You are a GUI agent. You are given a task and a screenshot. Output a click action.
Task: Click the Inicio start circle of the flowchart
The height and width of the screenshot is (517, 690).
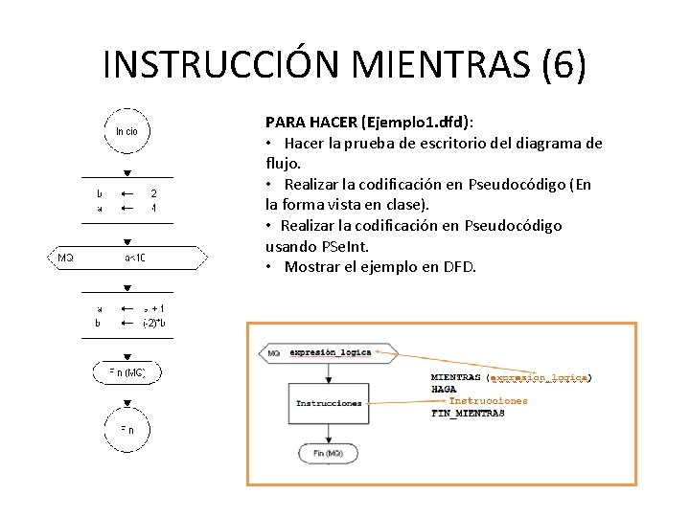coord(126,130)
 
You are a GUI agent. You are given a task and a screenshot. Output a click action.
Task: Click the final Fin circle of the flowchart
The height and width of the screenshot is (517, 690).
coord(126,431)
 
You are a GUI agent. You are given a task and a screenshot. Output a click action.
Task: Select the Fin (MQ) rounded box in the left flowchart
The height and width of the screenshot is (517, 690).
coord(126,372)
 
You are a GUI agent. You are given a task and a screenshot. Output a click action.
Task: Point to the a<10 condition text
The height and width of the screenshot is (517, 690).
coord(135,258)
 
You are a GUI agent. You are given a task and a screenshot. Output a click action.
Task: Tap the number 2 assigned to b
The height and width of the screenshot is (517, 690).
coord(153,193)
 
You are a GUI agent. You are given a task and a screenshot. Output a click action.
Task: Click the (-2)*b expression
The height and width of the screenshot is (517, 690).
coord(153,323)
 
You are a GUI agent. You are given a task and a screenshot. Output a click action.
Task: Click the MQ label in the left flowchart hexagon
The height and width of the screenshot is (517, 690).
coord(65,258)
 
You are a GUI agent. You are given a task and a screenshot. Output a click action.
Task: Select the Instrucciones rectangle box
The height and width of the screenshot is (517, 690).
coord(329,403)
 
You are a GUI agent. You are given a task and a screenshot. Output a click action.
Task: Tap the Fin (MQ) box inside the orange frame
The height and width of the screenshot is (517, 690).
coord(328,453)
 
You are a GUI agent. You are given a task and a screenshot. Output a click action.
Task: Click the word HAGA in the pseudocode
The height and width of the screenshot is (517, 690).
coord(444,390)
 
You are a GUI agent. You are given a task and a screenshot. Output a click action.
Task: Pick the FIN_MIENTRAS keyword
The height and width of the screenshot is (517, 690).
coord(468,414)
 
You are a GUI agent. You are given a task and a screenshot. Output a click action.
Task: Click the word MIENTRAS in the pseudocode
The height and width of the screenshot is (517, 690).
coord(455,378)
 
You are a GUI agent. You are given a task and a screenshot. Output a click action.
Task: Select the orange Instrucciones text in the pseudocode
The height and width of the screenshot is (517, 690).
coord(488,401)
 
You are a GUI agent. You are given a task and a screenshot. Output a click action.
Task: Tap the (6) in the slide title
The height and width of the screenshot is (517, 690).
coord(564,64)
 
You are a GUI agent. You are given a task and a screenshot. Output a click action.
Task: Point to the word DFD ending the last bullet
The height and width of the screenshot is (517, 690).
coord(459,267)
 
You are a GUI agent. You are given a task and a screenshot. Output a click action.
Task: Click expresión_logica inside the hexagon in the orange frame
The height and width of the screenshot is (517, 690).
coord(331,353)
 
